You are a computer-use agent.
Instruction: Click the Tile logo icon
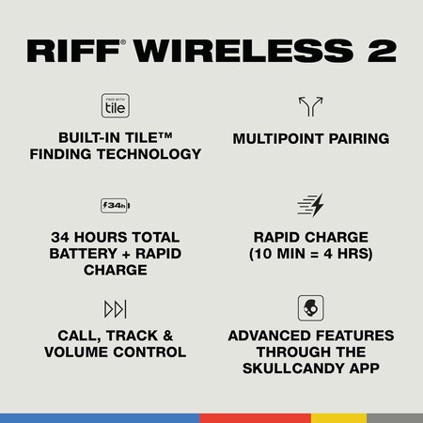click(x=113, y=104)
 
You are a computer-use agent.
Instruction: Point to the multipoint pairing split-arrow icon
click(x=309, y=105)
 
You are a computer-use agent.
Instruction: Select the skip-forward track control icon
click(x=114, y=309)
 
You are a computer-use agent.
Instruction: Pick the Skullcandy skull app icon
click(x=309, y=309)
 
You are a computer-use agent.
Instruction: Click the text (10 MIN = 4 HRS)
click(x=309, y=255)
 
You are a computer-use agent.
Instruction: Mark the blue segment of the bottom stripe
click(x=99, y=416)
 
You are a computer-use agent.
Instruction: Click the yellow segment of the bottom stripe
click(x=338, y=416)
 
